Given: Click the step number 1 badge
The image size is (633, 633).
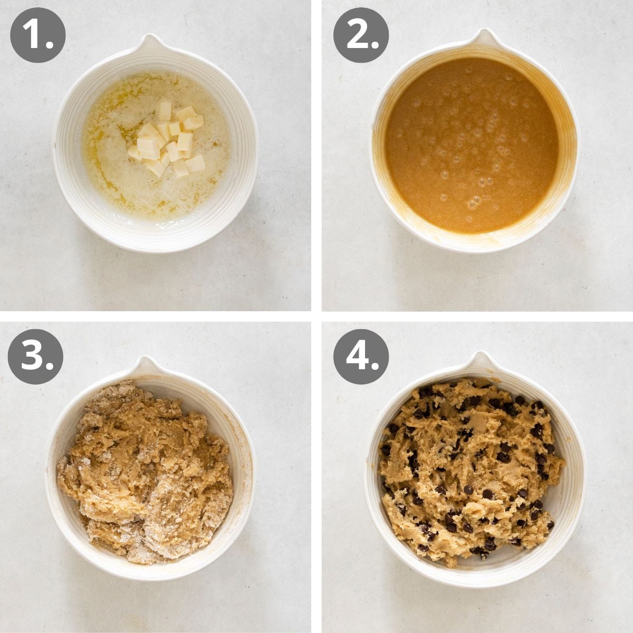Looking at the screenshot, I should (x=37, y=35).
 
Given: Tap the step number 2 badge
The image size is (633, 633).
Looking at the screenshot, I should (x=361, y=35).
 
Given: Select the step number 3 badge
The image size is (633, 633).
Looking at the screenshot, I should (x=35, y=357).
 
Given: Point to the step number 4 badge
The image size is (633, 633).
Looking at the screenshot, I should (x=361, y=357).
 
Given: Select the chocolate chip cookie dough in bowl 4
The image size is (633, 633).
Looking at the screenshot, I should (x=469, y=469).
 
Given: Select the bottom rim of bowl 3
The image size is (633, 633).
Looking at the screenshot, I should (x=150, y=577).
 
